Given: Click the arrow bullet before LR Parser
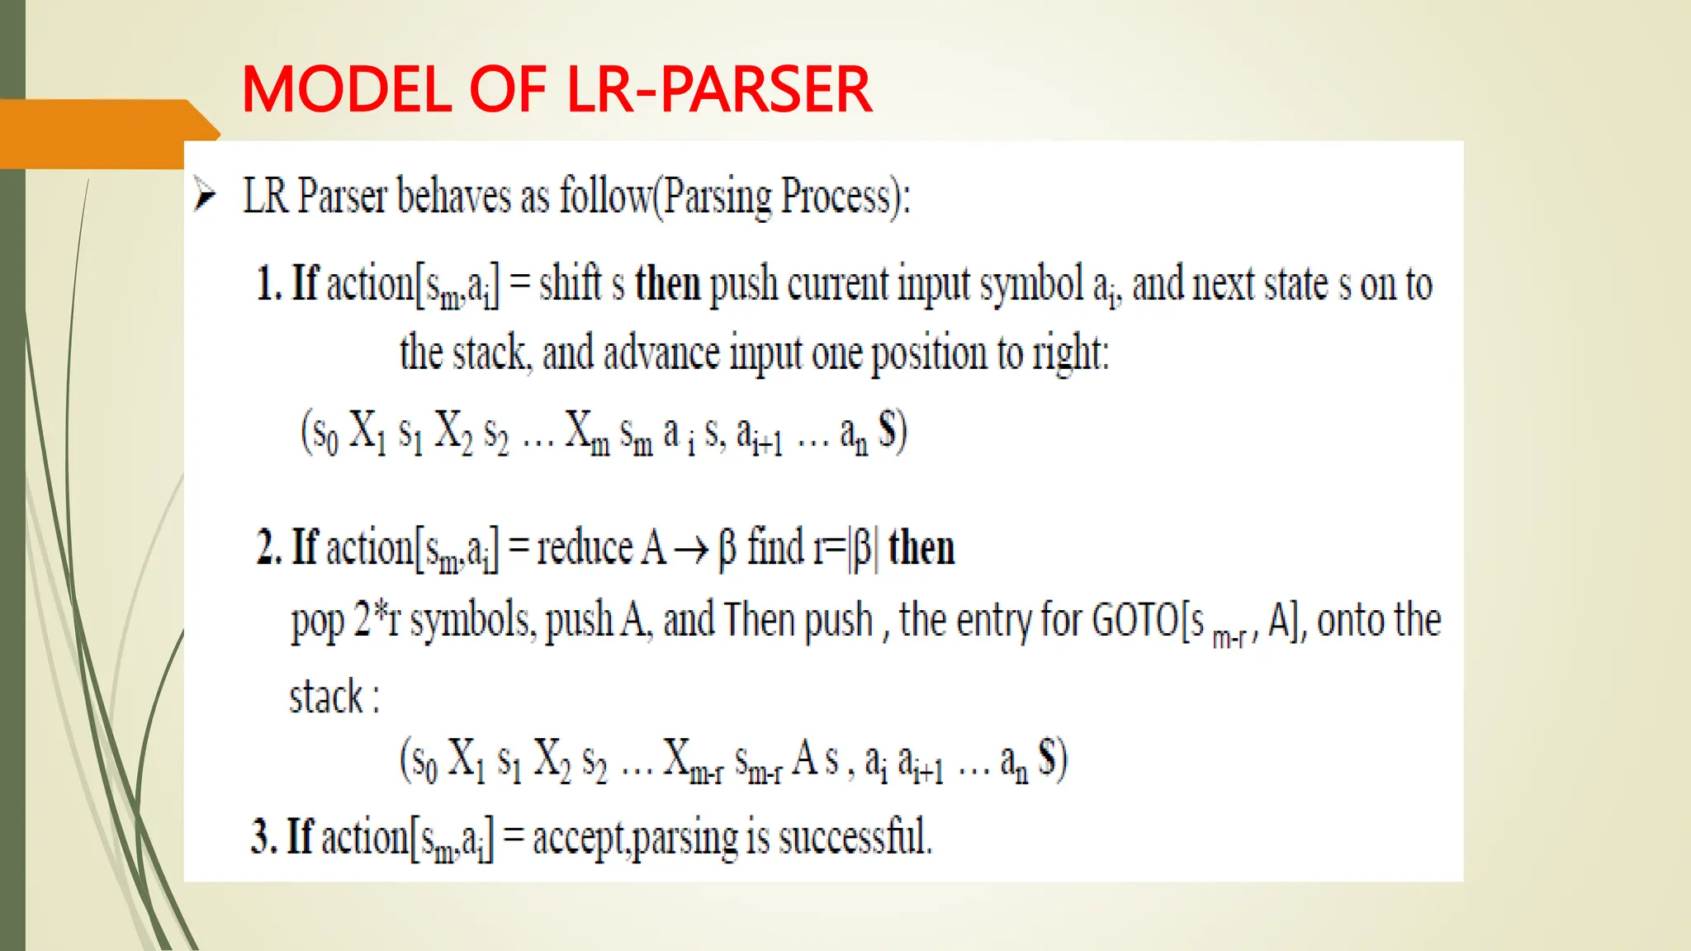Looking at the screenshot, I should tap(204, 195).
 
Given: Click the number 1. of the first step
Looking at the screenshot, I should tap(269, 284).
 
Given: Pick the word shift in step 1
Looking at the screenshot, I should tap(571, 284).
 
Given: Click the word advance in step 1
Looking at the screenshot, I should tap(661, 353).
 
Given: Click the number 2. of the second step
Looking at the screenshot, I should tap(269, 548).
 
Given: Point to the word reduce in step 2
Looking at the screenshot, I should tap(585, 548).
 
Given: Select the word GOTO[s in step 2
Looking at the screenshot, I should tap(1148, 621).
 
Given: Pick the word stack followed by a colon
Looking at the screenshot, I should tap(325, 697).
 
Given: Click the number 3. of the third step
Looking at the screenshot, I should tap(263, 837).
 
